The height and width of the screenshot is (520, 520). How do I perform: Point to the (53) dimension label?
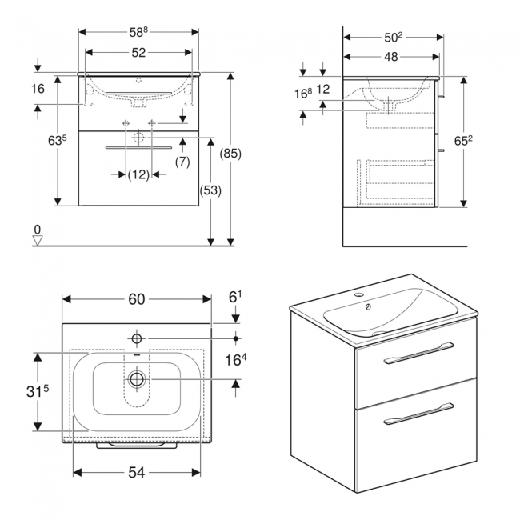(210, 191)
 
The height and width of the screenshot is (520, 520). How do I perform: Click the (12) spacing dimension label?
(138, 174)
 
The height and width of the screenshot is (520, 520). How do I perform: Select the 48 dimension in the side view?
(390, 57)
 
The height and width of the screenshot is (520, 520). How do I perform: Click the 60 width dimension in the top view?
(136, 298)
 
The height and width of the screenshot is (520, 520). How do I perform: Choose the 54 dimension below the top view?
(137, 473)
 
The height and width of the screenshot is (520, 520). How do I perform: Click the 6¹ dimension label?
(235, 297)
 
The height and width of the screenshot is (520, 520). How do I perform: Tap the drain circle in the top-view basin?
(137, 379)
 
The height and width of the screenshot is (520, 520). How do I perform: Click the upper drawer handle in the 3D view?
(418, 352)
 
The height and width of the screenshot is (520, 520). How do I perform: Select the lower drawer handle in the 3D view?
(417, 414)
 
